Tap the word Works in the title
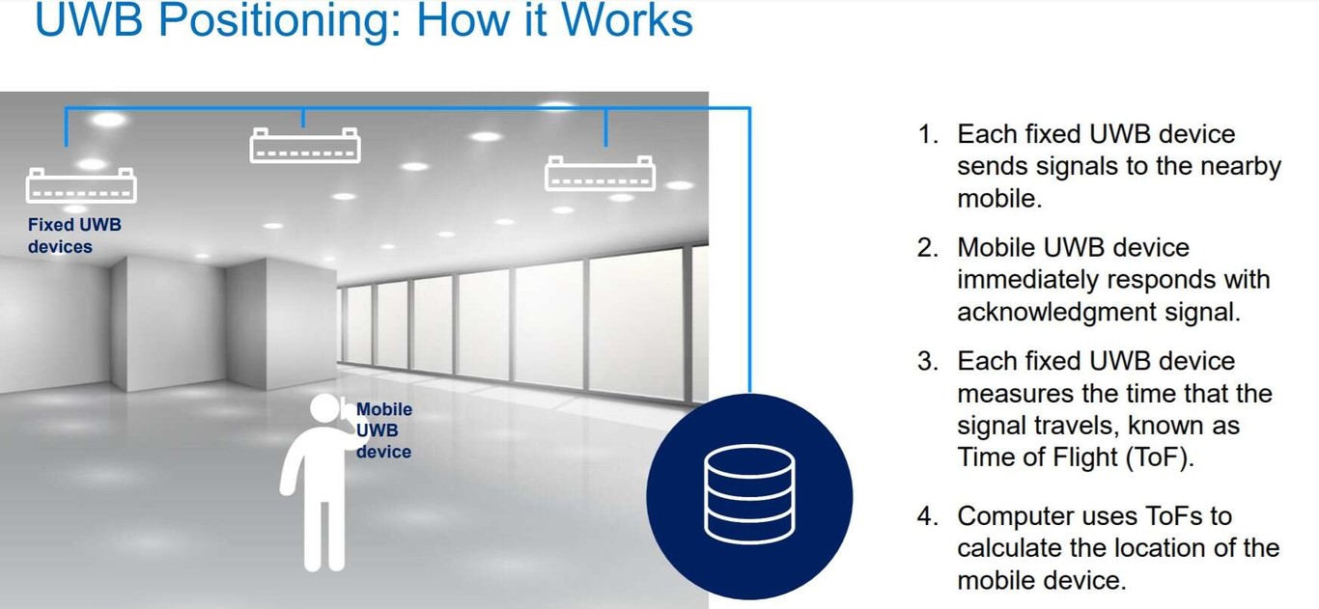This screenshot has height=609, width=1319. pyautogui.click(x=627, y=19)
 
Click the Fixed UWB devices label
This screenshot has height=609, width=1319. pyautogui.click(x=74, y=235)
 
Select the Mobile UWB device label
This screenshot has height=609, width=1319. pyautogui.click(x=384, y=430)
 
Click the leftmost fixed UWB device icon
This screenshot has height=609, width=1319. pyautogui.click(x=81, y=185)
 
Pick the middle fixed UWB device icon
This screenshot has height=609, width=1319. pyautogui.click(x=305, y=145)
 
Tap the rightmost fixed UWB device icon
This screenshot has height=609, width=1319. pyautogui.click(x=600, y=173)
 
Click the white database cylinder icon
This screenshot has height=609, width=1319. pyautogui.click(x=749, y=494)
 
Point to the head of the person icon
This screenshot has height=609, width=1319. pyautogui.click(x=325, y=407)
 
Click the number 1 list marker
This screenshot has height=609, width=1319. pyautogui.click(x=928, y=135)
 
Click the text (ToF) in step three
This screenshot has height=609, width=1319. pyautogui.click(x=1159, y=457)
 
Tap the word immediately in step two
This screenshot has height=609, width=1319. pyautogui.click(x=1027, y=280)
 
